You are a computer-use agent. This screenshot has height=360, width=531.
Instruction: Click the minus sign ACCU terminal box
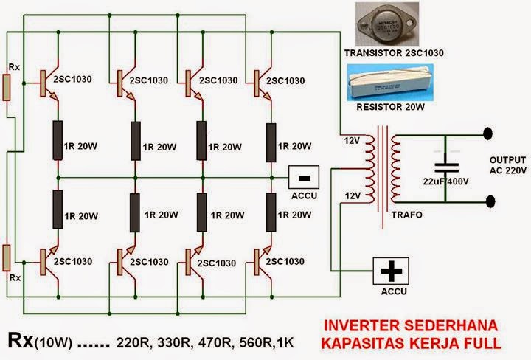coord(302,178)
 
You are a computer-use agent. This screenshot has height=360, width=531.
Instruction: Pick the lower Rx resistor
coord(7,259)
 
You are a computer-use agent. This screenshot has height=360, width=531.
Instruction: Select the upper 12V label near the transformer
coord(351,139)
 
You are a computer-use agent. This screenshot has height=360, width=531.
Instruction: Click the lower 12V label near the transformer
coord(351,195)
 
